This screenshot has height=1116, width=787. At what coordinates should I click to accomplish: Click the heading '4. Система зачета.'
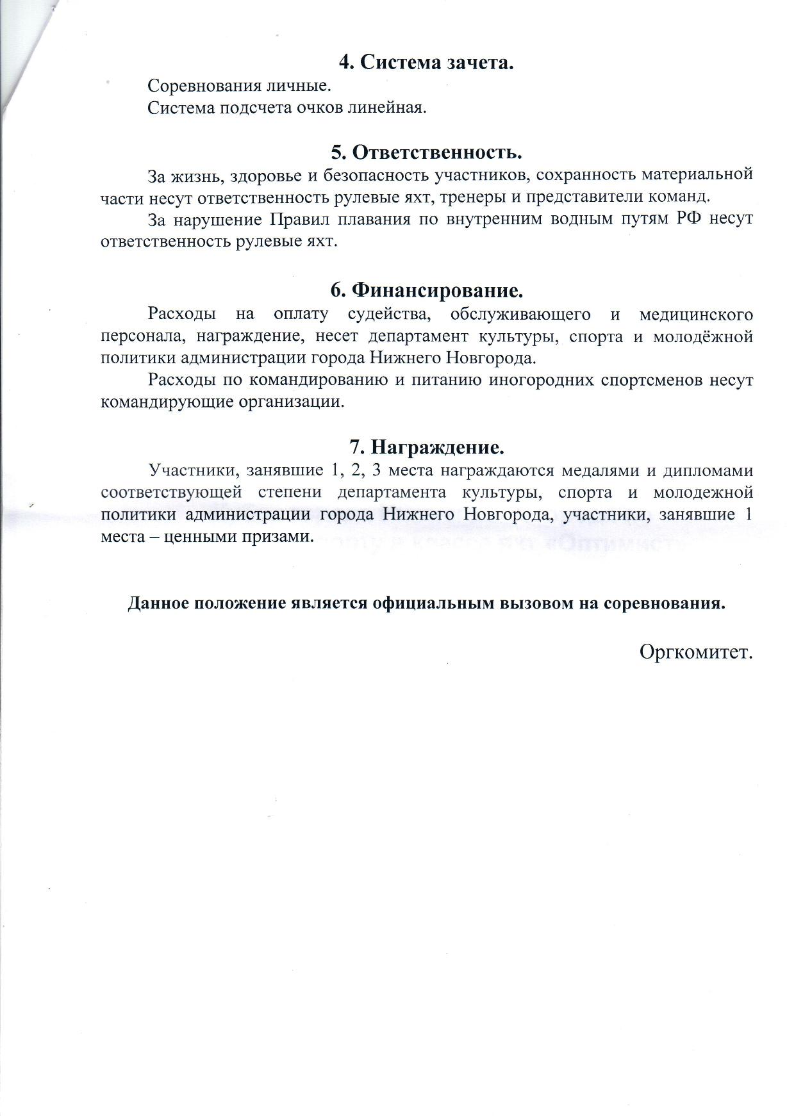[427, 63]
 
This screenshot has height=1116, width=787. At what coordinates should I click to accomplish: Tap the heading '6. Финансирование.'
[427, 291]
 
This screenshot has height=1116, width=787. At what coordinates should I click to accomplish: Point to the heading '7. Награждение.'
[427, 446]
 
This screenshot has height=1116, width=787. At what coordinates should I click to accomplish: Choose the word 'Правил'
[295, 220]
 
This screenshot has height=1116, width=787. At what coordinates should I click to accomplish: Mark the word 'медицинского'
[696, 315]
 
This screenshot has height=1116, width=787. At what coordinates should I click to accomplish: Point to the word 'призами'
[280, 537]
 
